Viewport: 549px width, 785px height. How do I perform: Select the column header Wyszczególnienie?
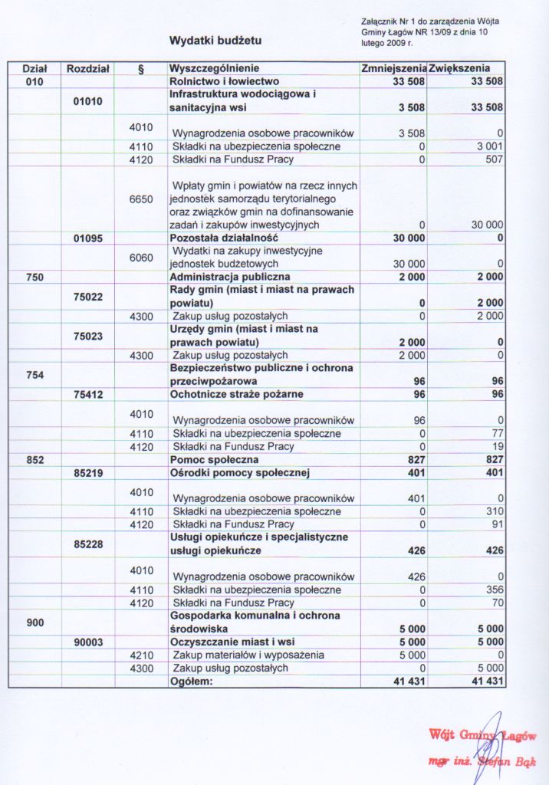click(x=214, y=68)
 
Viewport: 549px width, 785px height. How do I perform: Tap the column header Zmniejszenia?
click(x=393, y=68)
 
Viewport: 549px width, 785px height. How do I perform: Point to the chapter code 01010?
click(x=87, y=100)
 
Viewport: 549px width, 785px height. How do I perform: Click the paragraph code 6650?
click(x=141, y=199)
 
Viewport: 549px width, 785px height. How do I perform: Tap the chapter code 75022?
click(x=87, y=296)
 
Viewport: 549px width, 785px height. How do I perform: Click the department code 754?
click(x=35, y=374)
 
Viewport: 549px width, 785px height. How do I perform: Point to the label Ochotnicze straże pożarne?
click(x=236, y=394)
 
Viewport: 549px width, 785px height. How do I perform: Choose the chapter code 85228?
click(x=87, y=544)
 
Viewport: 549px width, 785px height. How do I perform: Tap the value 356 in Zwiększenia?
click(x=495, y=590)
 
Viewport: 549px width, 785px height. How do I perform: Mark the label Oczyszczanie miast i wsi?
click(x=232, y=642)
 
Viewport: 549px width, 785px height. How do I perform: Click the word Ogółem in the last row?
click(x=189, y=681)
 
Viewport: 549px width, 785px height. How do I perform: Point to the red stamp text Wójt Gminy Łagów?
click(x=482, y=735)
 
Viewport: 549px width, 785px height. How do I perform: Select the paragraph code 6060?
click(x=141, y=257)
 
